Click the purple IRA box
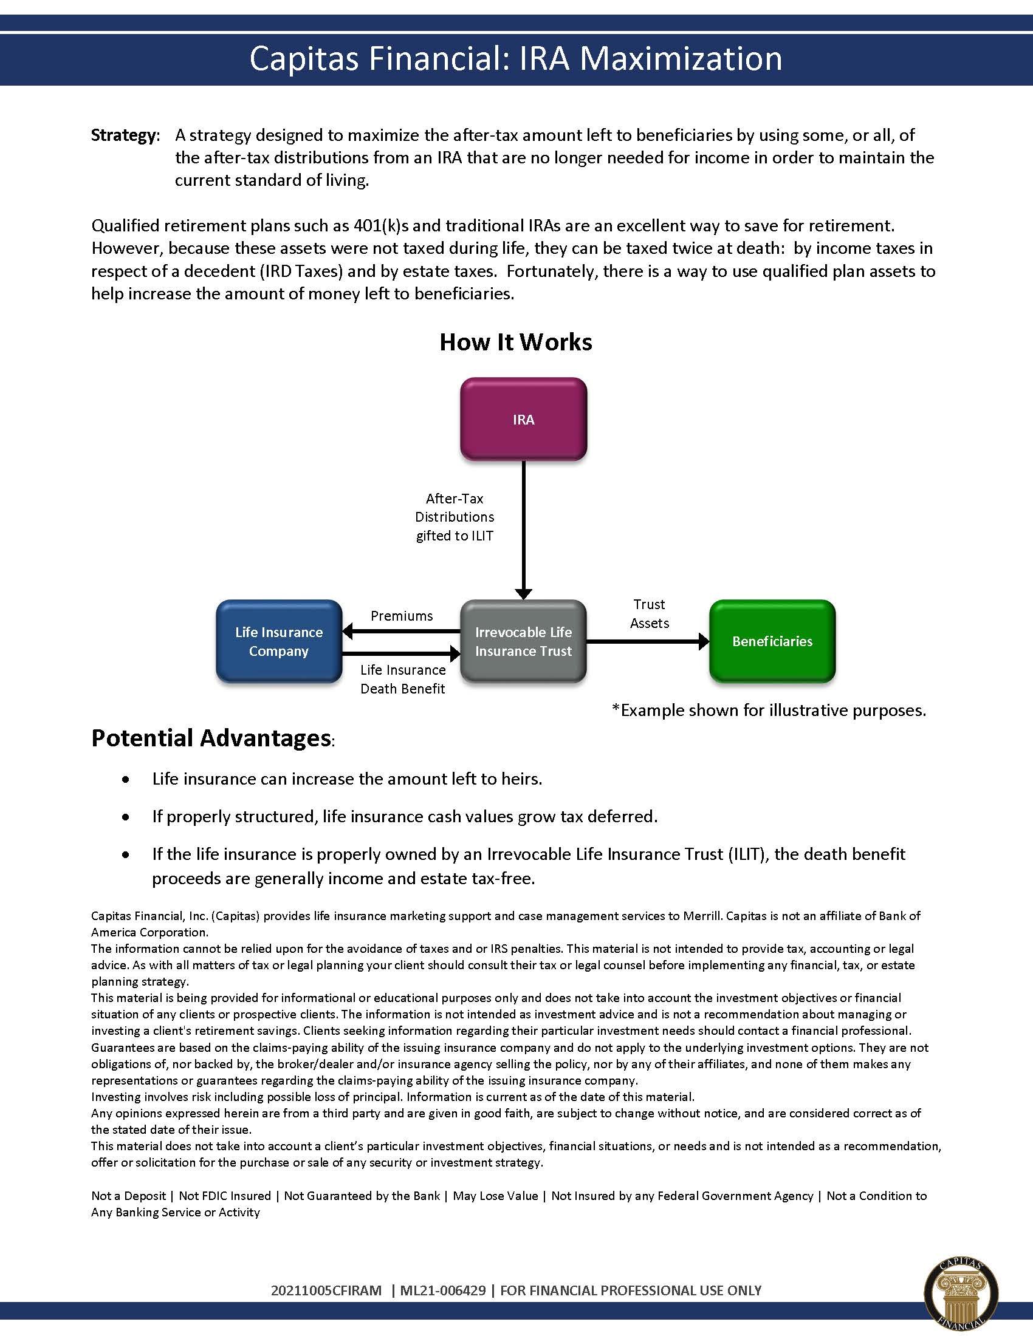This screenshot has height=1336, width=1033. click(523, 419)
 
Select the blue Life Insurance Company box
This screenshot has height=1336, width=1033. click(278, 641)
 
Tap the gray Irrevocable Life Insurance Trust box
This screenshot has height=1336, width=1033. click(523, 641)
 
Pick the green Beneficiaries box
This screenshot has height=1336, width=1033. click(772, 641)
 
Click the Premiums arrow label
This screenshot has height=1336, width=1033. click(402, 615)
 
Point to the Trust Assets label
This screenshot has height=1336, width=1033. click(650, 613)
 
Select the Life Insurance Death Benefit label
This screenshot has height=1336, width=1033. click(403, 679)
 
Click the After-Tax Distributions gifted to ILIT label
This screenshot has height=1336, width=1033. click(455, 517)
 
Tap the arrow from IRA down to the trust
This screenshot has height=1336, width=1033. click(523, 529)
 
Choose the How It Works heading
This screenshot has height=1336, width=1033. click(516, 342)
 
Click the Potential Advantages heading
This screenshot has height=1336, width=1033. click(211, 738)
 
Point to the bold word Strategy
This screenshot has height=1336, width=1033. click(124, 135)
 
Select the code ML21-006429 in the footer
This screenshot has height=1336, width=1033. click(443, 1290)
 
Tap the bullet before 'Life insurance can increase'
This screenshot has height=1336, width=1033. click(126, 780)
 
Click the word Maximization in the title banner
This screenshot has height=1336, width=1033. click(681, 59)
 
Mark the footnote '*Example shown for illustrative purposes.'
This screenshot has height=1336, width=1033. click(769, 711)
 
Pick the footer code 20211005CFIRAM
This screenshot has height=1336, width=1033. click(326, 1290)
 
